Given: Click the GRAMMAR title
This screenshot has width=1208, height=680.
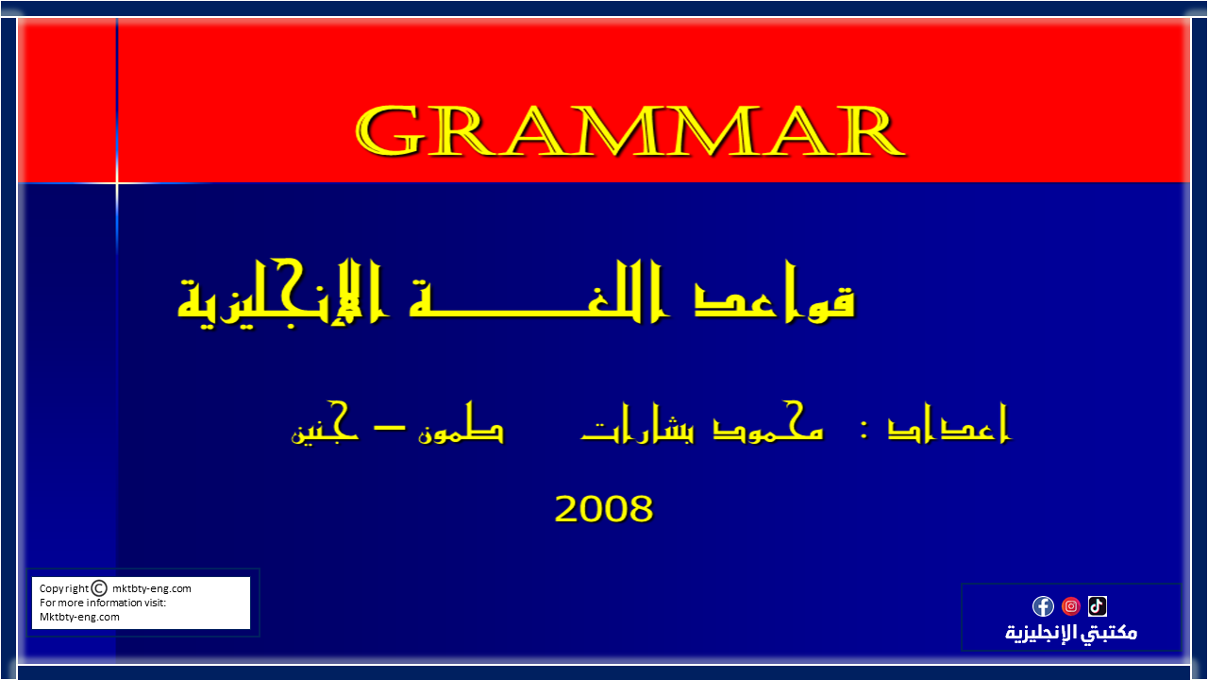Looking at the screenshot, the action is click(x=629, y=130).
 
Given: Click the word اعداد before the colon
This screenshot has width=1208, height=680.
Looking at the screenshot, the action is click(x=949, y=423).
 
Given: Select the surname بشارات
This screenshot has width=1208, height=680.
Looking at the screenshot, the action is click(x=638, y=423).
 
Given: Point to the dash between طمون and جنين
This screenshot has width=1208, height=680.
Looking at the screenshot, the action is click(x=390, y=429).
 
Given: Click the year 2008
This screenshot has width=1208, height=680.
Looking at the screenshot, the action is click(x=603, y=508).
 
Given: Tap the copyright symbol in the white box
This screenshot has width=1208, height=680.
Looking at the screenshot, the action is click(x=99, y=587).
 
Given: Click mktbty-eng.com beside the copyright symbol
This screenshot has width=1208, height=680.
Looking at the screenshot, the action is click(x=152, y=588).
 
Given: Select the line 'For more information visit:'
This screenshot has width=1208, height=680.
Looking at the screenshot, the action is click(x=103, y=603).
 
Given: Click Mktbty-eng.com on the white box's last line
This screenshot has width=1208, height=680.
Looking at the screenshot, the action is click(x=79, y=617).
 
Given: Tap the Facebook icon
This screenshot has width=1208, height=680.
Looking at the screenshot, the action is click(x=1043, y=606).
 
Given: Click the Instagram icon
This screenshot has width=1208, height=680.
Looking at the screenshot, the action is click(x=1071, y=606).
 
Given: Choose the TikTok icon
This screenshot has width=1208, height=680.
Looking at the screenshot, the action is click(x=1098, y=606).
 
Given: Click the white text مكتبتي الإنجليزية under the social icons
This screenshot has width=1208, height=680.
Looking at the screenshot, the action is click(x=1071, y=633).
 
